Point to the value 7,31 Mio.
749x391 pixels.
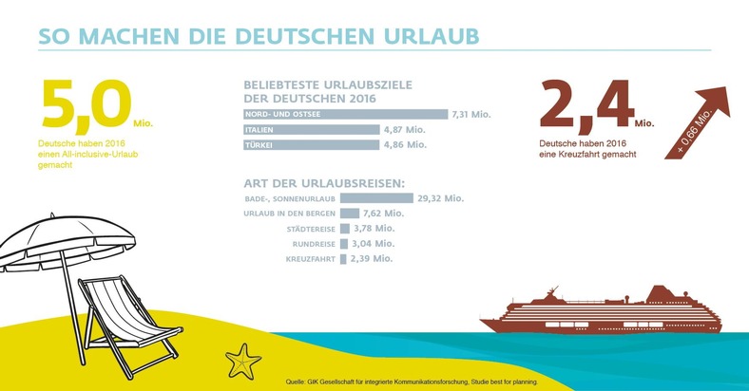(472, 114)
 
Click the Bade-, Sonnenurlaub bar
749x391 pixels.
(375, 198)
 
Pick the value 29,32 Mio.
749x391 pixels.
(440, 198)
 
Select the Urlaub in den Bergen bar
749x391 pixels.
(349, 214)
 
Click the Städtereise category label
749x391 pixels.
(310, 229)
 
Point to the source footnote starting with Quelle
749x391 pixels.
(411, 381)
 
